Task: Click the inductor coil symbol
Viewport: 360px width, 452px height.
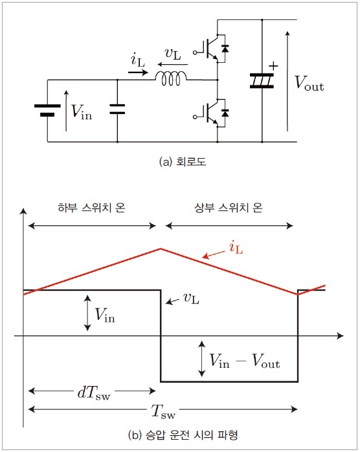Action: (171, 78)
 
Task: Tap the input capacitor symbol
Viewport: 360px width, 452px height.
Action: (117, 109)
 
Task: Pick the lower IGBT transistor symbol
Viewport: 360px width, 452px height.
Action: (211, 113)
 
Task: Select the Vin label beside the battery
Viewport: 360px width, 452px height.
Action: (82, 111)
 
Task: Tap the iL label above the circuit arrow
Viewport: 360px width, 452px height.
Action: (138, 60)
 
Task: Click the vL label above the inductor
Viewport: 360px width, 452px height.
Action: (173, 54)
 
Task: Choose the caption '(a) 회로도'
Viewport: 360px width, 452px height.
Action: (183, 161)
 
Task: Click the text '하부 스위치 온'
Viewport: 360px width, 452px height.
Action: (92, 208)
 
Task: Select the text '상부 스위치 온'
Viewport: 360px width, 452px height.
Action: (229, 208)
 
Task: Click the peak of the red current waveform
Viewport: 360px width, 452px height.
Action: (161, 249)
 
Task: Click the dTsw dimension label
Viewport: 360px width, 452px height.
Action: (94, 392)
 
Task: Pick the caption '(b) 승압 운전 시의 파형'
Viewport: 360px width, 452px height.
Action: (183, 435)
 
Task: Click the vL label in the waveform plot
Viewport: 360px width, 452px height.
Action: (192, 299)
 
